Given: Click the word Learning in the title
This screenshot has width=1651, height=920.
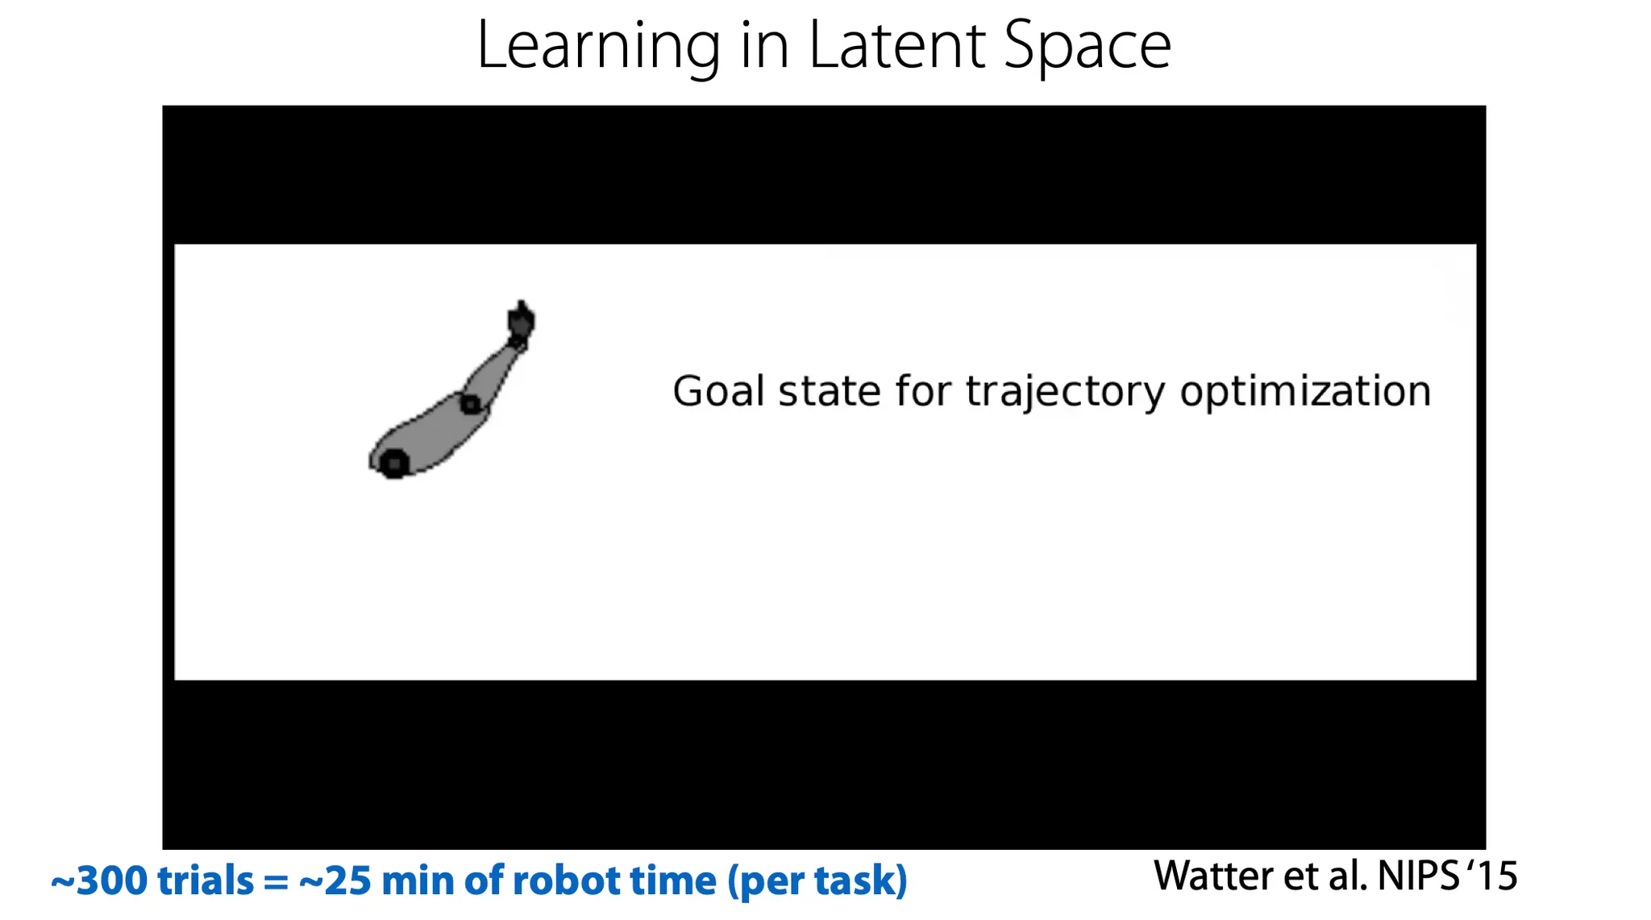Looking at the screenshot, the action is tap(599, 47).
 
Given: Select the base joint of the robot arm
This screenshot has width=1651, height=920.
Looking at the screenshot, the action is tap(394, 464).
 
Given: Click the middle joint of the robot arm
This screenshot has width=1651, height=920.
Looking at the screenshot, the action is tap(471, 403).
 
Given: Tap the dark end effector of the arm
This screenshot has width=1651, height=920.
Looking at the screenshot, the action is tap(521, 320).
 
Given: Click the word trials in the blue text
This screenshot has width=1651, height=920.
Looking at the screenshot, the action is tap(206, 880).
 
